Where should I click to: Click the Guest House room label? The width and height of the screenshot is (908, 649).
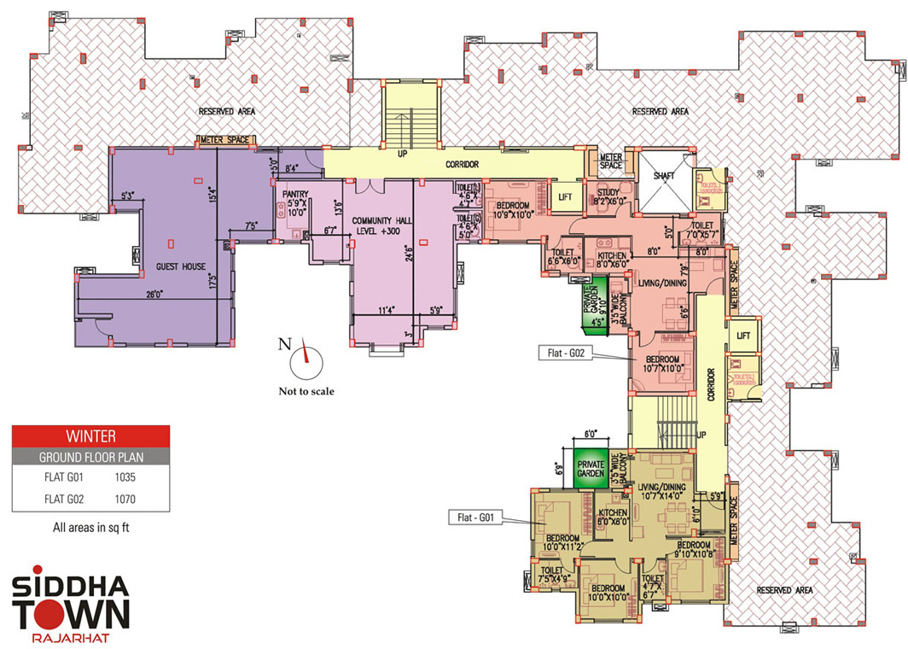tap(180, 266)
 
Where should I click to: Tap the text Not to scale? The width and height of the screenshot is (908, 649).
tap(306, 392)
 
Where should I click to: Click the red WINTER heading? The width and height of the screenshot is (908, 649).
tap(90, 436)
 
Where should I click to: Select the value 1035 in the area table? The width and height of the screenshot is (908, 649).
tap(125, 477)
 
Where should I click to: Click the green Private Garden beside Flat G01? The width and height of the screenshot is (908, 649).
tap(591, 468)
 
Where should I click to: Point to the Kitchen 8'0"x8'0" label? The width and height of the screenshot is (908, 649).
tap(613, 517)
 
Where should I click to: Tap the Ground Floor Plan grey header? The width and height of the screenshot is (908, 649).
tap(90, 456)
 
